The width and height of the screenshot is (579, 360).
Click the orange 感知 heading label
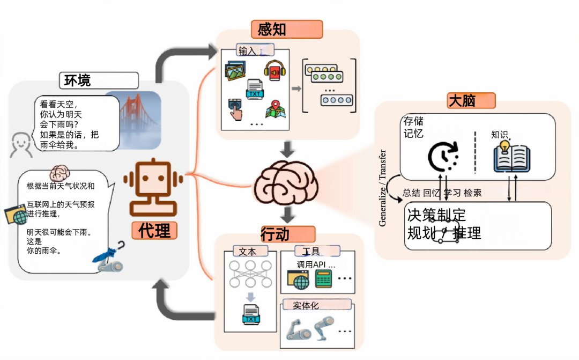pyautogui.click(x=287, y=29)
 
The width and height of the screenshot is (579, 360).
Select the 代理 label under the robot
pyautogui.click(x=154, y=230)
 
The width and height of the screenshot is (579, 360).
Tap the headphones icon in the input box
pyautogui.click(x=273, y=70)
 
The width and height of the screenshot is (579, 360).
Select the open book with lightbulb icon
pyautogui.click(x=511, y=155)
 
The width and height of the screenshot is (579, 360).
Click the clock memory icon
pyautogui.click(x=443, y=155)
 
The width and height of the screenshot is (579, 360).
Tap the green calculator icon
pyautogui.click(x=324, y=278)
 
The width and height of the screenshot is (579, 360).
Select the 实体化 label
pyautogui.click(x=306, y=305)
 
